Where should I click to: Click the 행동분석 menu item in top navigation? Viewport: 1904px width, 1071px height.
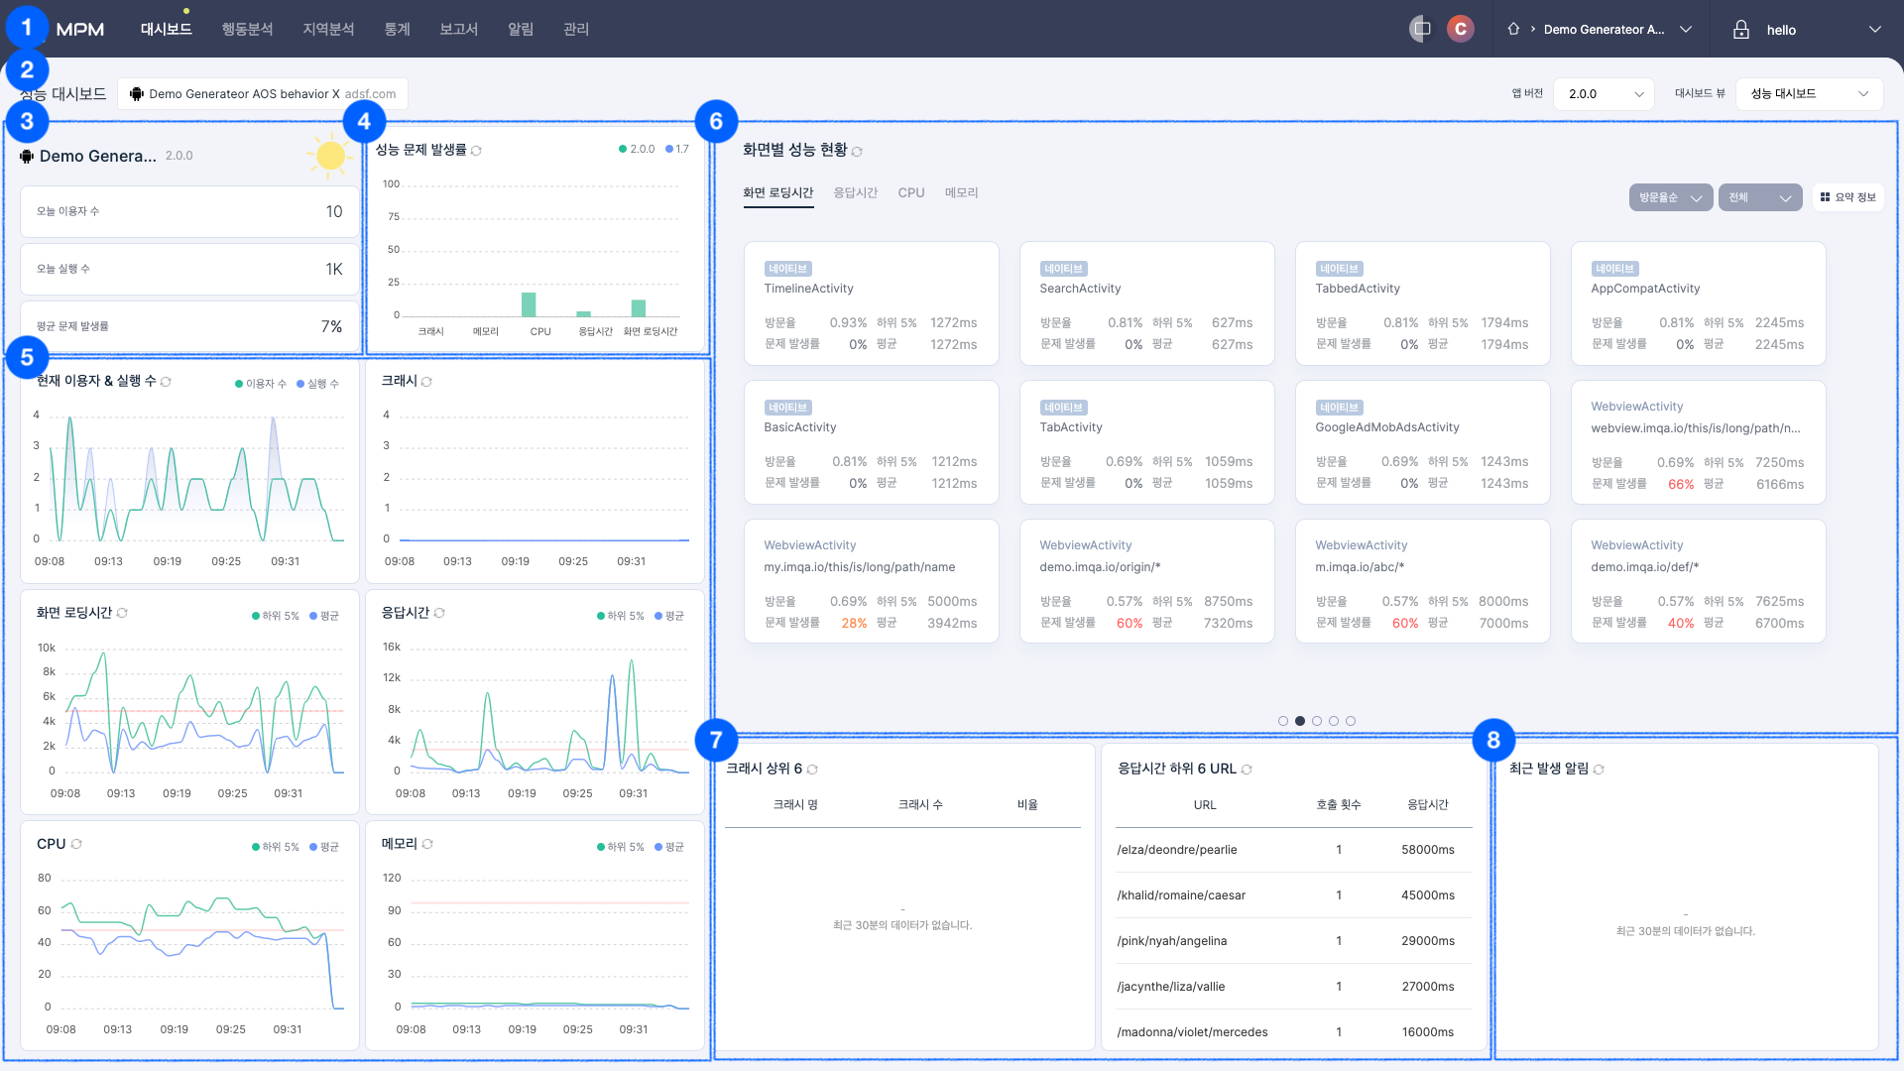click(x=247, y=30)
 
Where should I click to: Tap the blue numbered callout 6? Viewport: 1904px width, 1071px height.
click(x=716, y=122)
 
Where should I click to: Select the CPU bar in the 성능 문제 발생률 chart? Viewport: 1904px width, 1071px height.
click(x=529, y=304)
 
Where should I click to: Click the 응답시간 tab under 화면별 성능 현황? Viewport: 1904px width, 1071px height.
click(x=855, y=192)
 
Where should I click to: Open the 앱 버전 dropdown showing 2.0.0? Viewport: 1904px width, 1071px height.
click(x=1604, y=94)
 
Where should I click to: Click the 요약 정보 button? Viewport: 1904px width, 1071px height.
click(x=1848, y=197)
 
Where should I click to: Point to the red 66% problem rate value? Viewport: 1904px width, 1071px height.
click(x=1680, y=484)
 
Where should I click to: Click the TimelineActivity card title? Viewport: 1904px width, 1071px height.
click(x=808, y=289)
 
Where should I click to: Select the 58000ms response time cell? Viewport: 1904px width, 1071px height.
click(x=1427, y=850)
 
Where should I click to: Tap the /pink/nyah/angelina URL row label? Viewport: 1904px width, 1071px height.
click(x=1171, y=941)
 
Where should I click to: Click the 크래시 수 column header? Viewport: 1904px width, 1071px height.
click(x=920, y=805)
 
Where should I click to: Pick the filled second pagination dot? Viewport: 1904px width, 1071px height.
click(x=1300, y=721)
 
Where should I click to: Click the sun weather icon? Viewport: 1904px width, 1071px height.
click(x=330, y=156)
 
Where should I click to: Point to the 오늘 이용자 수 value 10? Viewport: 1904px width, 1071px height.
click(x=334, y=211)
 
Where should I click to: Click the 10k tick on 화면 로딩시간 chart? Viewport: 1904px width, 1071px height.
click(x=47, y=648)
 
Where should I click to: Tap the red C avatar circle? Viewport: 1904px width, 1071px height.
click(x=1460, y=30)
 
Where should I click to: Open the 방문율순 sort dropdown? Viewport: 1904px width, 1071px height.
click(x=1670, y=197)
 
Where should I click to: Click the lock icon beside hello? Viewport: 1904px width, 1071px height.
click(x=1740, y=30)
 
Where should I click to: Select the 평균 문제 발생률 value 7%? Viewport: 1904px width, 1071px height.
click(x=331, y=326)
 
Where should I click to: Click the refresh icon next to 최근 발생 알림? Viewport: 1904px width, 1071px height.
click(x=1599, y=770)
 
